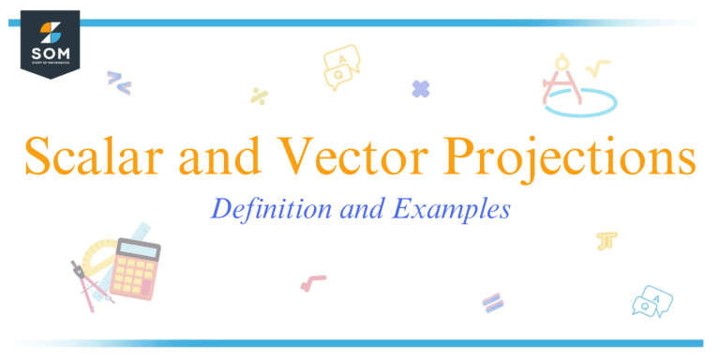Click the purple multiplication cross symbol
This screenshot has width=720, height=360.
(421, 89)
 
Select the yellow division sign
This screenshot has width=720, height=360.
(259, 95)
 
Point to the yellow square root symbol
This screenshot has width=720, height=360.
(597, 68)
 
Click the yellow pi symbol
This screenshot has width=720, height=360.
(606, 241)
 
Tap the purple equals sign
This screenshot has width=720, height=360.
(493, 301)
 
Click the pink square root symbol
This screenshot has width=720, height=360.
(312, 280)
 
